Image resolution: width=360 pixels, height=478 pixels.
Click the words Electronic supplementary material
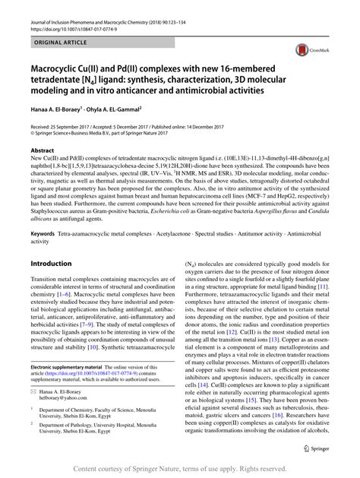click(73, 366)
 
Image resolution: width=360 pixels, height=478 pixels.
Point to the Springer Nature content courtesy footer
click(179, 469)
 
